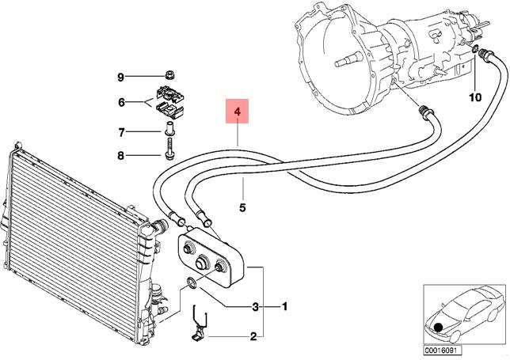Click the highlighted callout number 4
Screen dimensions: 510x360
coord(238,112)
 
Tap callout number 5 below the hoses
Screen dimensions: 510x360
coord(242,207)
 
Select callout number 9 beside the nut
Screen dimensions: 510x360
coord(120,78)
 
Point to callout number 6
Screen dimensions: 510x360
coord(121,103)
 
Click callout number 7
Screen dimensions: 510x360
coord(121,133)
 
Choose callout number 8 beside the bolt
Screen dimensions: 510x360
coord(120,156)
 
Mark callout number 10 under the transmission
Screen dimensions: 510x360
coord(475,97)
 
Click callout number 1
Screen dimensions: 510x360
coord(284,306)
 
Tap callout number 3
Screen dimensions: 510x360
coord(256,306)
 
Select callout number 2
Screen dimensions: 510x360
coord(253,336)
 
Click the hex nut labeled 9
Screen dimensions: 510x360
coord(170,75)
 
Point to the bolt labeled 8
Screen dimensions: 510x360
coord(169,149)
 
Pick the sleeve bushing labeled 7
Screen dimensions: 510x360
coord(169,129)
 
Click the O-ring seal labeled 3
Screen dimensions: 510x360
coord(192,282)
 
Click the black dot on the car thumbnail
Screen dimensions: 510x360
coord(439,327)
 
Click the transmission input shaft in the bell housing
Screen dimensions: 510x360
coord(348,60)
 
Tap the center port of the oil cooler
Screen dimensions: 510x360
coord(203,262)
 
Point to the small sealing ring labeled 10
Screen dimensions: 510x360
coord(475,49)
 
